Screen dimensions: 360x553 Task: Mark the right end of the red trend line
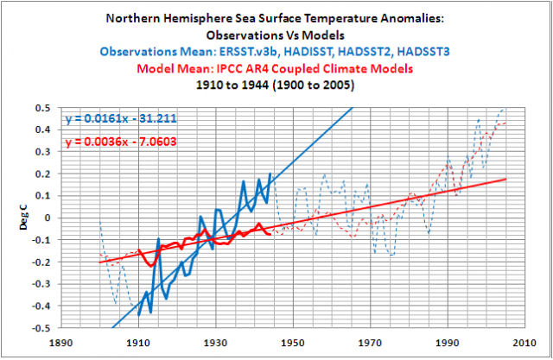pos(505,179)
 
